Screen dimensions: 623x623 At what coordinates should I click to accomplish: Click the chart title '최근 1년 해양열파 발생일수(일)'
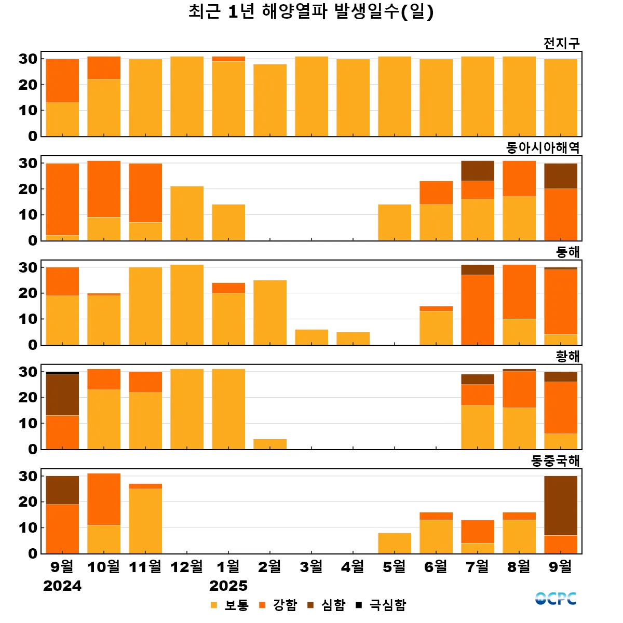[x=311, y=11]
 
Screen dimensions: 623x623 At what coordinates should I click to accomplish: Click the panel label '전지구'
[x=561, y=43]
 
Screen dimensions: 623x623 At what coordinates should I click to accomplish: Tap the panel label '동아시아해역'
[x=543, y=148]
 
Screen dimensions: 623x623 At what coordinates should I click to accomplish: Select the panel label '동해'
[x=567, y=252]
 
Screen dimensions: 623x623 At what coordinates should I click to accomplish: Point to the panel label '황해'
[x=567, y=357]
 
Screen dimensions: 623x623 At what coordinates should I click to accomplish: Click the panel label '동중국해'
[x=555, y=461]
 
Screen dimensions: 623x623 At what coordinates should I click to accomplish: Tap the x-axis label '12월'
[x=187, y=566]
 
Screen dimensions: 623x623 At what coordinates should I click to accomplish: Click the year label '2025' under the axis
[x=228, y=586]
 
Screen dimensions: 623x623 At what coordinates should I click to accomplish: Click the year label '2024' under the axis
[x=62, y=586]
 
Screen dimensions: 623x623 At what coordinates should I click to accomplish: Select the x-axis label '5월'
[x=395, y=566]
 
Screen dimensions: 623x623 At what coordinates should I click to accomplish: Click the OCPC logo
[x=556, y=599]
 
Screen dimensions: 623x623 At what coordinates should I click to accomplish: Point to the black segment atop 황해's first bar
[x=62, y=373]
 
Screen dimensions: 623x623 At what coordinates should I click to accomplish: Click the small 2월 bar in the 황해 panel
[x=270, y=444]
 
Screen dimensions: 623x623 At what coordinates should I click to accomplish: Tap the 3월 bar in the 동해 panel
[x=311, y=337]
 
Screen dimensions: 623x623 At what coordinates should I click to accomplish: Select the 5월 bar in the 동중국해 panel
[x=395, y=543]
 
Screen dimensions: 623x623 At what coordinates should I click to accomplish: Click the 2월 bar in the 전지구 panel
[x=270, y=100]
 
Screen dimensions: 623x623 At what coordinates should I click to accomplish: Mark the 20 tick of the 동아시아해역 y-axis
[x=28, y=189]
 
